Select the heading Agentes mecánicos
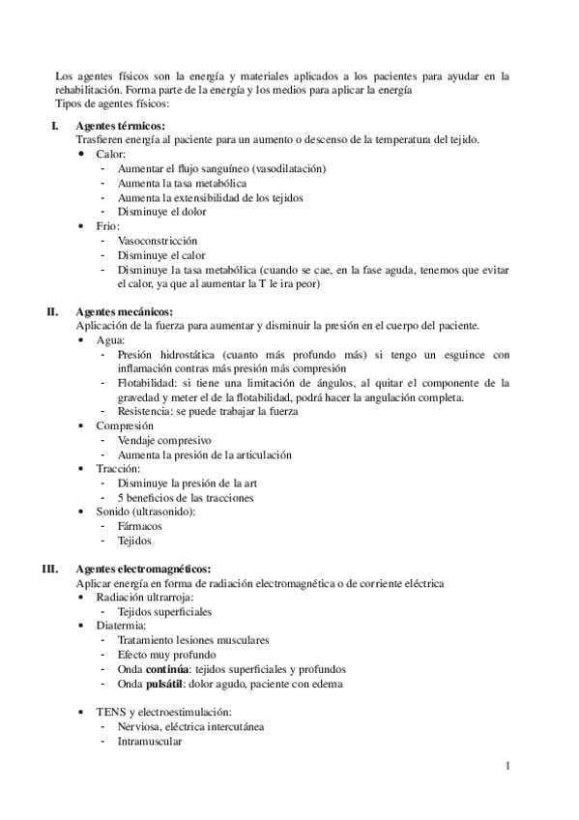125,312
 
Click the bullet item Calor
111,155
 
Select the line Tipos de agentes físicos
113,102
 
